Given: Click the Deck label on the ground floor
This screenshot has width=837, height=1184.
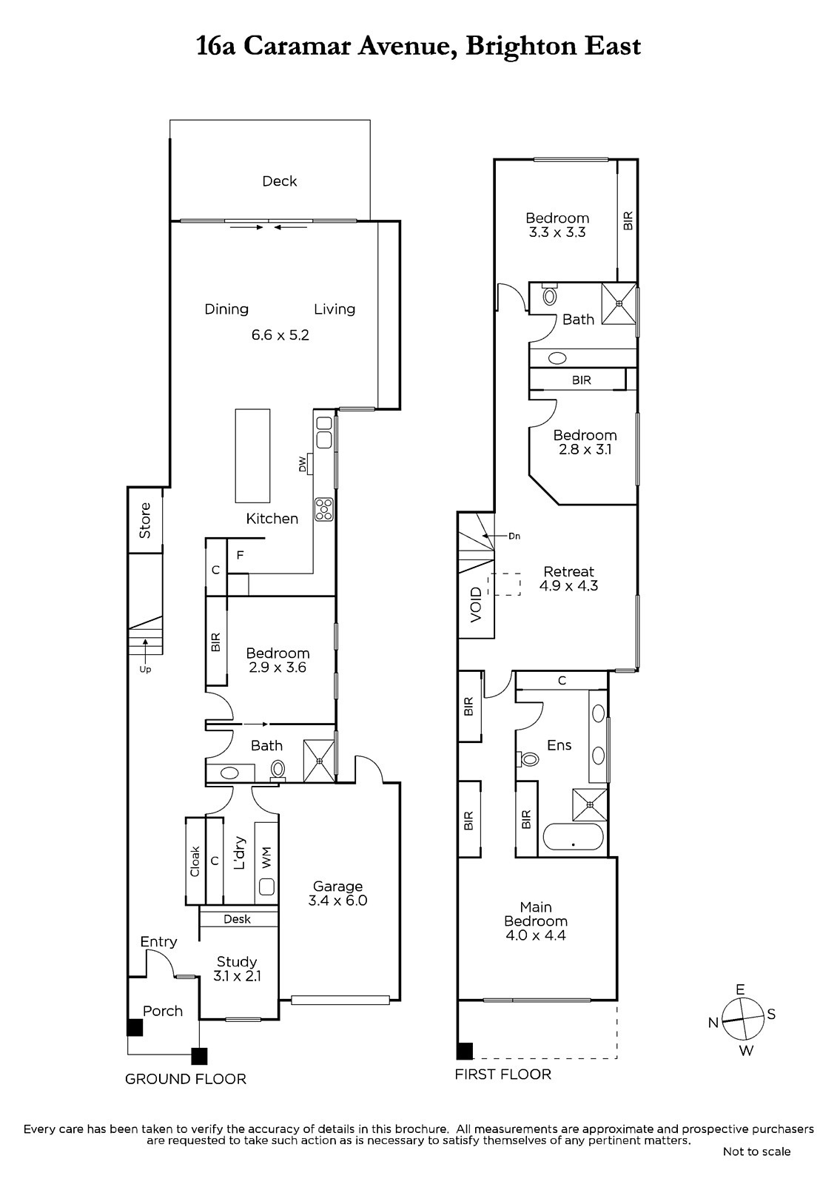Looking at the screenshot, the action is [x=280, y=181].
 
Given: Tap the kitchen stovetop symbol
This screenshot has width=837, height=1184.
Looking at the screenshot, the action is [x=323, y=509].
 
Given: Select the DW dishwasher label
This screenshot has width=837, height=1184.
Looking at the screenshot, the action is [x=303, y=464].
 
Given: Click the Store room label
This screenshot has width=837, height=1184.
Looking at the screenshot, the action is [x=145, y=521].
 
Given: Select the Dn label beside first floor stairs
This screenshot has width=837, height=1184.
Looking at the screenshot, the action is [x=514, y=536].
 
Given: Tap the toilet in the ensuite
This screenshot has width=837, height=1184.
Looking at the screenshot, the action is [x=528, y=759].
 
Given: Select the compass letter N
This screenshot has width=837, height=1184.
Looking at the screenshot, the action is [x=713, y=1022].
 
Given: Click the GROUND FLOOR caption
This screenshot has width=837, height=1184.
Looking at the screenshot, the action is [x=186, y=1079].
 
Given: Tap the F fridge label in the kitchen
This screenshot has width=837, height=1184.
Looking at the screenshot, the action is [x=240, y=555].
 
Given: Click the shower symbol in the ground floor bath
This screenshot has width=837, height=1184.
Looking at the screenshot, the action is [x=320, y=761].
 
